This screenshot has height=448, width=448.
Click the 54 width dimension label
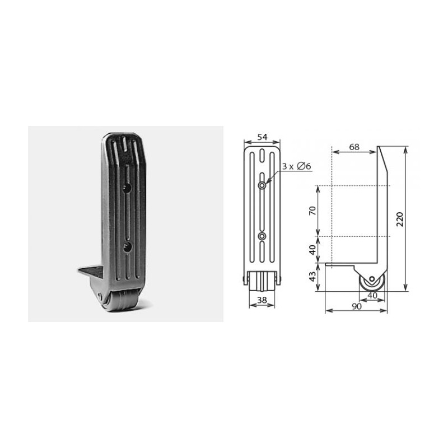(262, 137)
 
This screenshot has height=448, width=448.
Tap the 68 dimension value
(354, 147)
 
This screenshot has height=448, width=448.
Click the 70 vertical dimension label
(313, 211)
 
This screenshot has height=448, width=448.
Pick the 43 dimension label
(313, 276)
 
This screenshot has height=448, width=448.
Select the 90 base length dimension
(356, 306)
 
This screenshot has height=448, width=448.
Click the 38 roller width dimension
(262, 300)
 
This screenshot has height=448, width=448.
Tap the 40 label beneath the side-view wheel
(372, 296)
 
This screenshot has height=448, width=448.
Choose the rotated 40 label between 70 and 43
(313, 249)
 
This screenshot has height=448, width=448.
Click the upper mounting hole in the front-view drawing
(262, 184)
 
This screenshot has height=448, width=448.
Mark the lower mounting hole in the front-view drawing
(262, 236)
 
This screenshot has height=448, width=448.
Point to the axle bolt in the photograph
(100, 296)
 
